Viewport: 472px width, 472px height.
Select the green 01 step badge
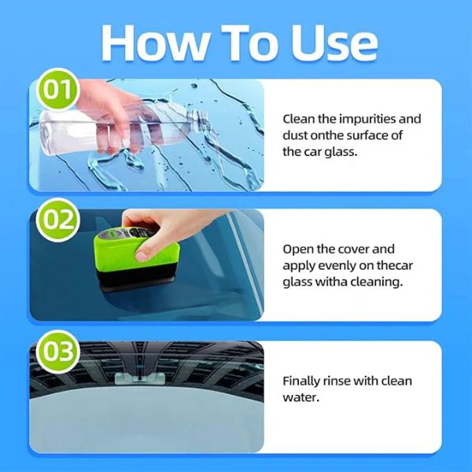click(56, 90)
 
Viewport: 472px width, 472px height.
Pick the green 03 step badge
click(56, 352)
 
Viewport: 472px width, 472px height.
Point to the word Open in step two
click(298, 249)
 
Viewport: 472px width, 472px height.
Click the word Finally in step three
click(303, 381)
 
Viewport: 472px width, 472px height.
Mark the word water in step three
click(299, 397)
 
